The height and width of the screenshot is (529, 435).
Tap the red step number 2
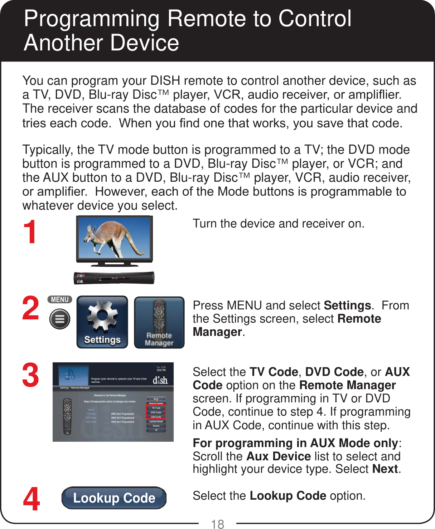click(x=31, y=308)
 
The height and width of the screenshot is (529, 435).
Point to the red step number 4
click(x=32, y=499)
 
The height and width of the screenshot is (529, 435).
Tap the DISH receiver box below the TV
click(x=114, y=278)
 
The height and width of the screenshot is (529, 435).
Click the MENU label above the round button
click(x=60, y=299)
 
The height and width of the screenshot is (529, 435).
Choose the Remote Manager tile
click(x=159, y=322)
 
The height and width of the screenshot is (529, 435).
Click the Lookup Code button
click(x=114, y=498)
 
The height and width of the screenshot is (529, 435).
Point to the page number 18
click(x=217, y=524)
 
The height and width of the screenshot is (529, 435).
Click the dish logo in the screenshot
click(x=160, y=380)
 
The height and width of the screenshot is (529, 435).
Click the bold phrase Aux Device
click(x=278, y=456)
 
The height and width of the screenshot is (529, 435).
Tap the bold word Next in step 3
click(x=385, y=469)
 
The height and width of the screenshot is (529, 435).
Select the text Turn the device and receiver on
click(x=278, y=224)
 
